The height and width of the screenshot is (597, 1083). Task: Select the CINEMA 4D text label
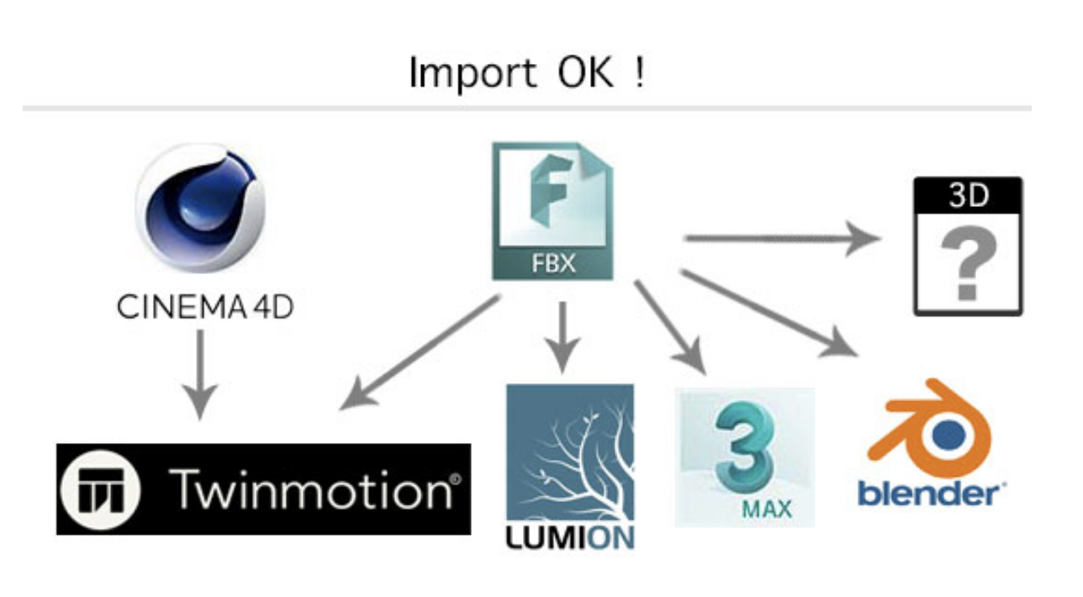coord(204,308)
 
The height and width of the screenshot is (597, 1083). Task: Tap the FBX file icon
coord(552,210)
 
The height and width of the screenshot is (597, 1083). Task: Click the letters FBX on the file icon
coord(552,263)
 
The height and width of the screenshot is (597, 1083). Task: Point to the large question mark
coord(968,264)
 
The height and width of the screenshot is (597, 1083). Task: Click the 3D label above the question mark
coord(969,194)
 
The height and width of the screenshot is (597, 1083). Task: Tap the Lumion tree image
coord(569,454)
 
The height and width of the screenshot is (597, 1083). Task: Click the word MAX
coord(767,508)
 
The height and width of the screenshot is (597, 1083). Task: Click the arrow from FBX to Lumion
coord(563,336)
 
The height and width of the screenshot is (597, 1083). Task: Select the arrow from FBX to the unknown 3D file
coord(782,238)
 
